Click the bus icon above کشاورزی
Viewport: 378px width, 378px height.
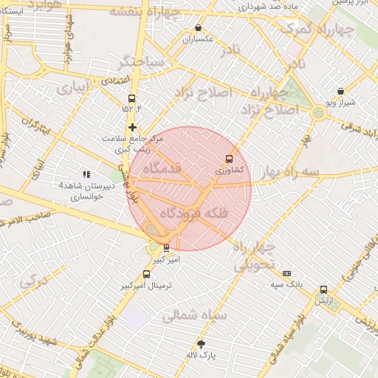229,159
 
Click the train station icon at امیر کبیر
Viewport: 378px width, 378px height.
166,248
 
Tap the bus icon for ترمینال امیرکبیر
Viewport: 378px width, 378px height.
146,275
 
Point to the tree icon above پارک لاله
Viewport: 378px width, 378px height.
201,344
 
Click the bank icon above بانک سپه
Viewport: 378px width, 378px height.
286,273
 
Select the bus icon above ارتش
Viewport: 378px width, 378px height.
323,290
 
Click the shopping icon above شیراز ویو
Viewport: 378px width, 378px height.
340,92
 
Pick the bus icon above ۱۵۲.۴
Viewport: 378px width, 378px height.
131,98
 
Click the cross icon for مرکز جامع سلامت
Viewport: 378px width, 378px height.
132,127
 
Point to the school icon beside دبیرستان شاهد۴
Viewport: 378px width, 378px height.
86,175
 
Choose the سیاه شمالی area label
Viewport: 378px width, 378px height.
194,315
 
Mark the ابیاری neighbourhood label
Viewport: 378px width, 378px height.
72,88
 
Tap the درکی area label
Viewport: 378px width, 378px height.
33,281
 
